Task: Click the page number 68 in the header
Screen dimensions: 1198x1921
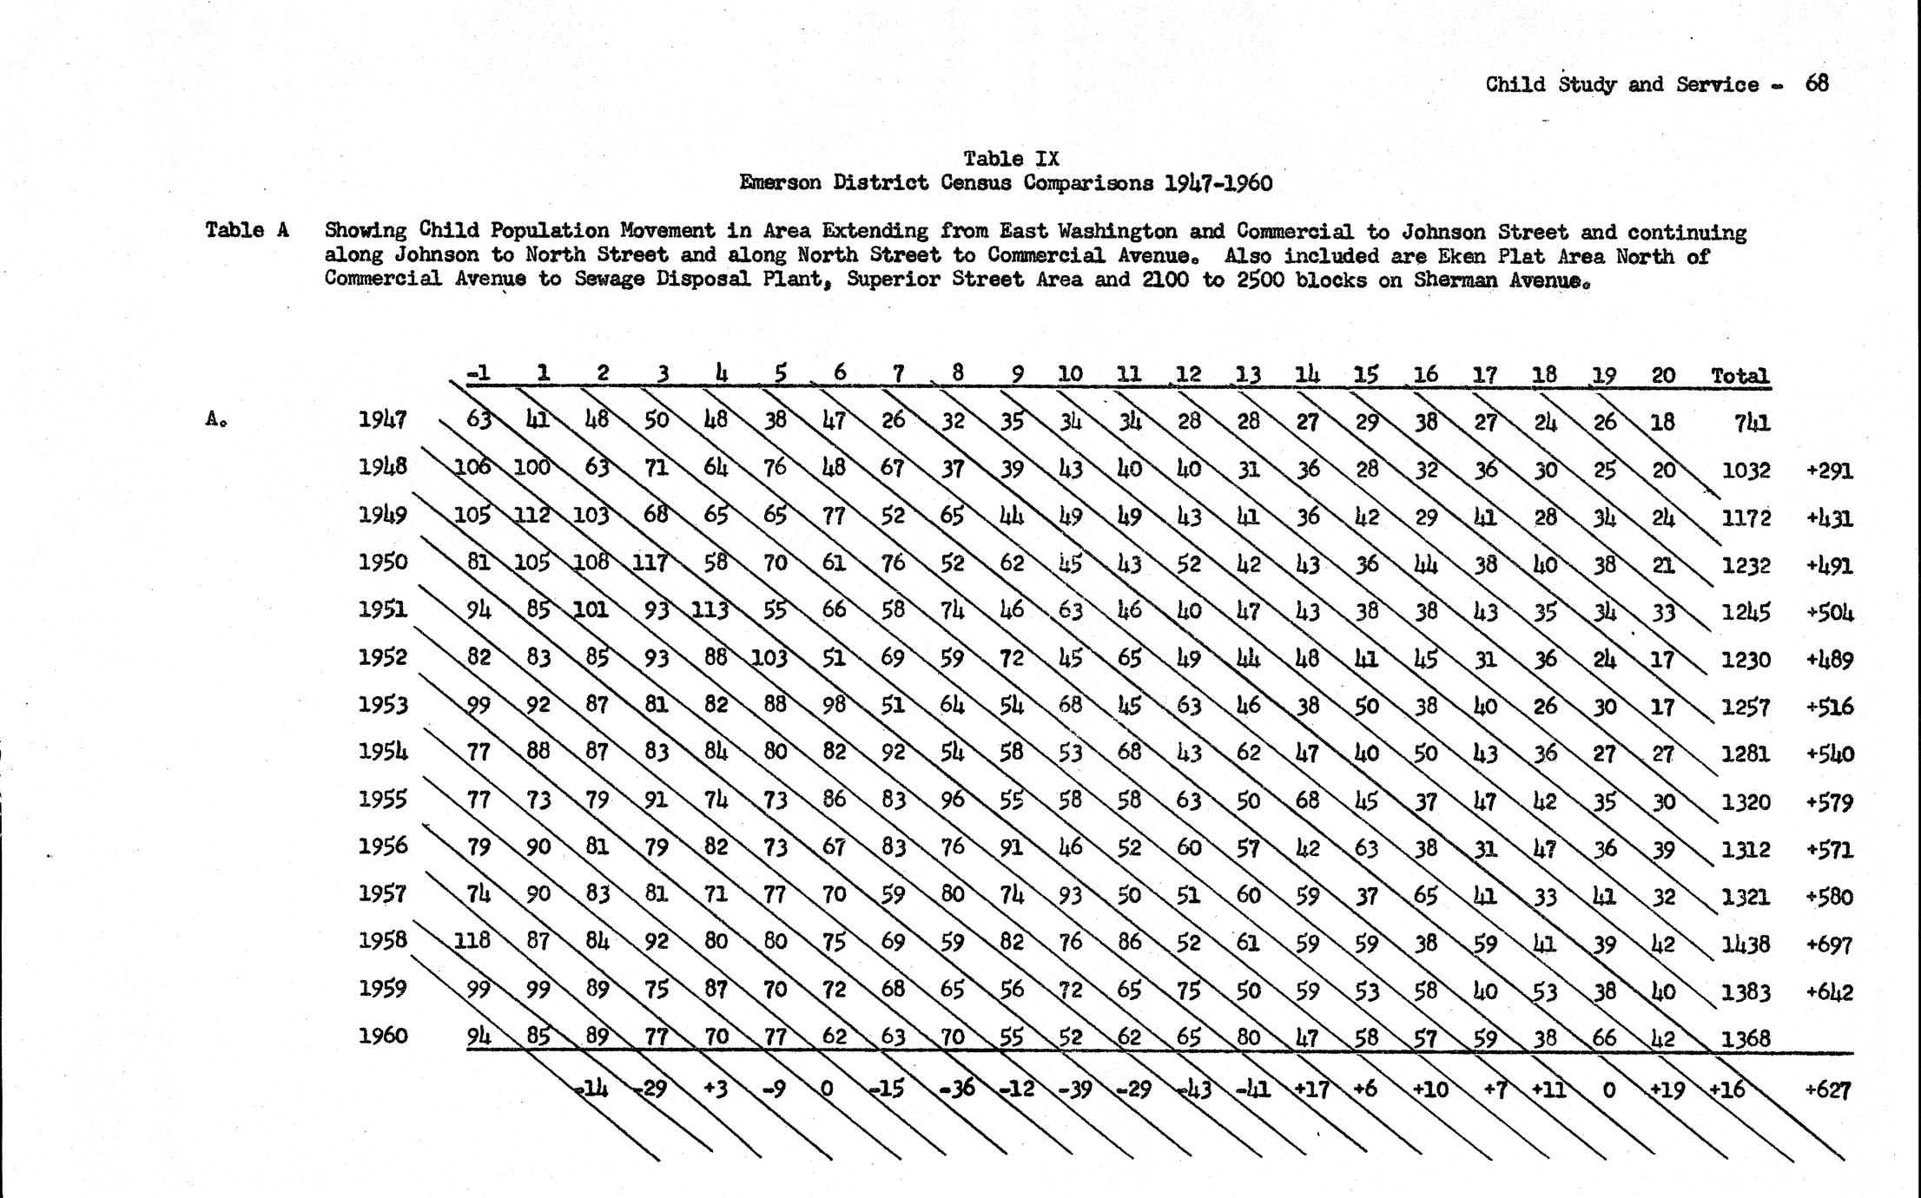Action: pos(1817,83)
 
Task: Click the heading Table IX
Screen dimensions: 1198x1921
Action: pos(1011,159)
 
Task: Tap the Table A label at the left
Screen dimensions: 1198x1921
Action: pos(247,230)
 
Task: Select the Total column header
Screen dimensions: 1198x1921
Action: pos(1739,376)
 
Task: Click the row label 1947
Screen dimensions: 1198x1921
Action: pos(383,420)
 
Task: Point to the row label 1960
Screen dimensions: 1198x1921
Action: pos(383,1035)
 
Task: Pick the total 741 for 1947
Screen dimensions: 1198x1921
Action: pos(1752,423)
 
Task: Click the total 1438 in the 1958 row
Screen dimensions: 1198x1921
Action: pos(1745,945)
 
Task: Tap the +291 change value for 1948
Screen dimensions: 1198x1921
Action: pos(1829,471)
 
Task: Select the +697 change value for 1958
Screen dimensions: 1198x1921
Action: pos(1829,945)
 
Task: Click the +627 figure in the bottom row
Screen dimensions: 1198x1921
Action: pos(1827,1089)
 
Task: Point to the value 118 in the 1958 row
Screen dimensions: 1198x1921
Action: pos(472,940)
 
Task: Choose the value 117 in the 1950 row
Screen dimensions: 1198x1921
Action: pos(649,563)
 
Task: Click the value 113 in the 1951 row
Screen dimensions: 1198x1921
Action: pos(710,610)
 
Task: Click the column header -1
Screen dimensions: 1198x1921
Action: pos(478,374)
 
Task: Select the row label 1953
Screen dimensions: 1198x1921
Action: pos(383,704)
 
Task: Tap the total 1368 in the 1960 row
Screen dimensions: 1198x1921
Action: pos(1745,1038)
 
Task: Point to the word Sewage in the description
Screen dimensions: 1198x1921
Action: pos(606,280)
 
